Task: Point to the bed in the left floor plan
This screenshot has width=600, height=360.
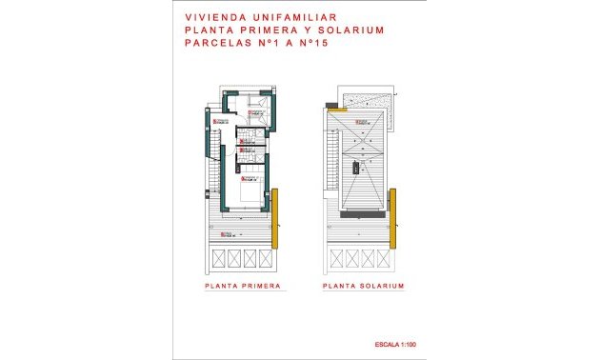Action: (250, 196)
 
